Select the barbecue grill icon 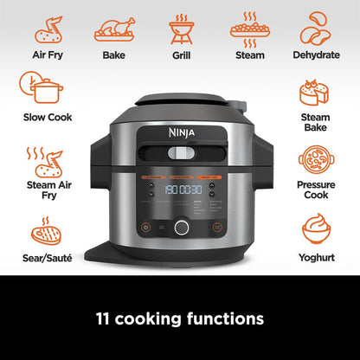(x=181, y=29)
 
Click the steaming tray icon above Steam (x=249, y=27)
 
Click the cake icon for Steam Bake (x=315, y=93)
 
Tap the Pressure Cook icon (x=315, y=159)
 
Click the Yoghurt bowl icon (x=315, y=228)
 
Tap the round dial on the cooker (x=181, y=228)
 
